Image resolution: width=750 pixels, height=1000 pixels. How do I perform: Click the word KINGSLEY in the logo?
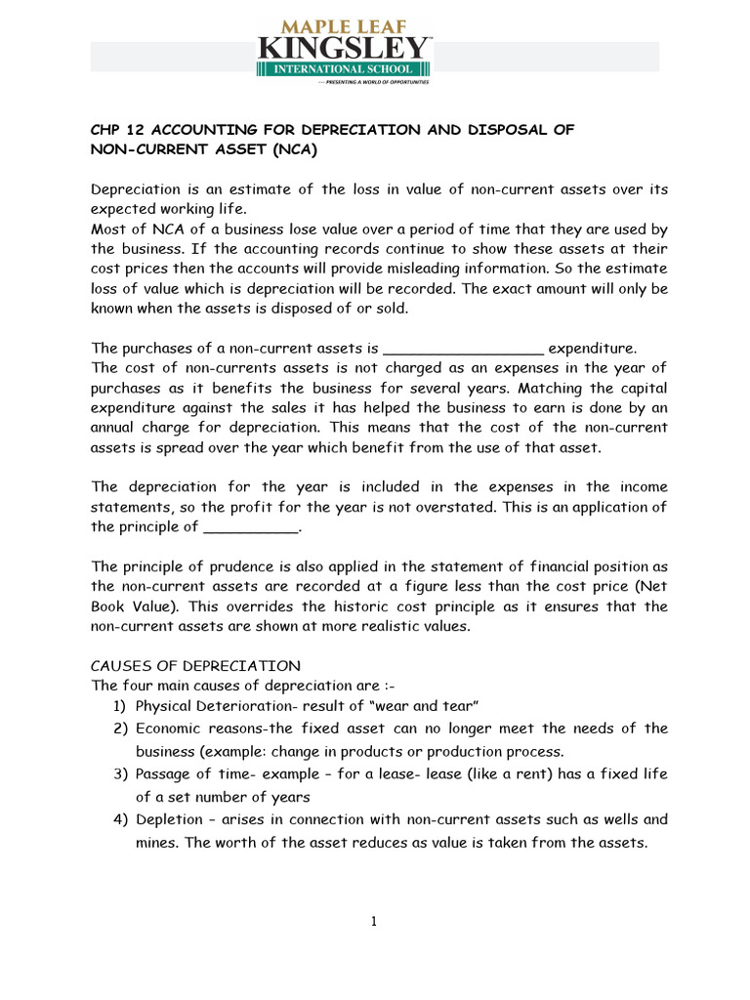click(x=344, y=46)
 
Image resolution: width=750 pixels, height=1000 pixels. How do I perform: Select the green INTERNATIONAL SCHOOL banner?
click(x=344, y=69)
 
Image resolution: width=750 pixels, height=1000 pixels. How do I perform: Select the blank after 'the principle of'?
click(x=249, y=527)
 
